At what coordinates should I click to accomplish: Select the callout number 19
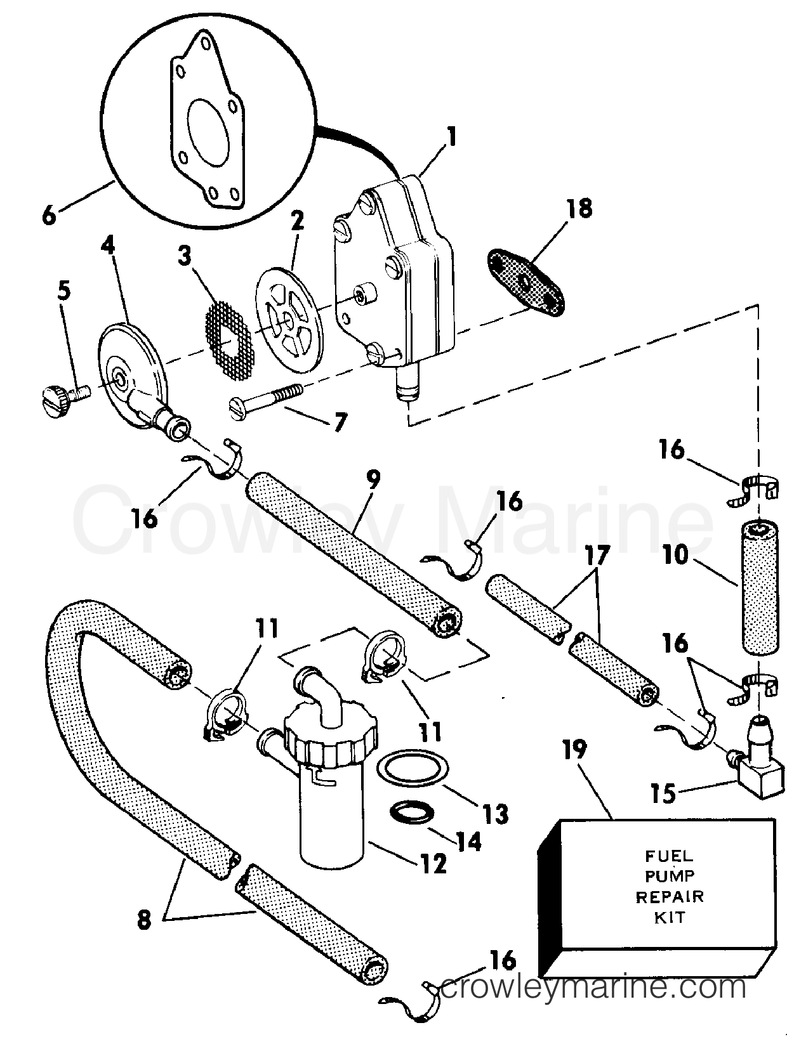(576, 752)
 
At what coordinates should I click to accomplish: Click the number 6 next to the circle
(50, 215)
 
